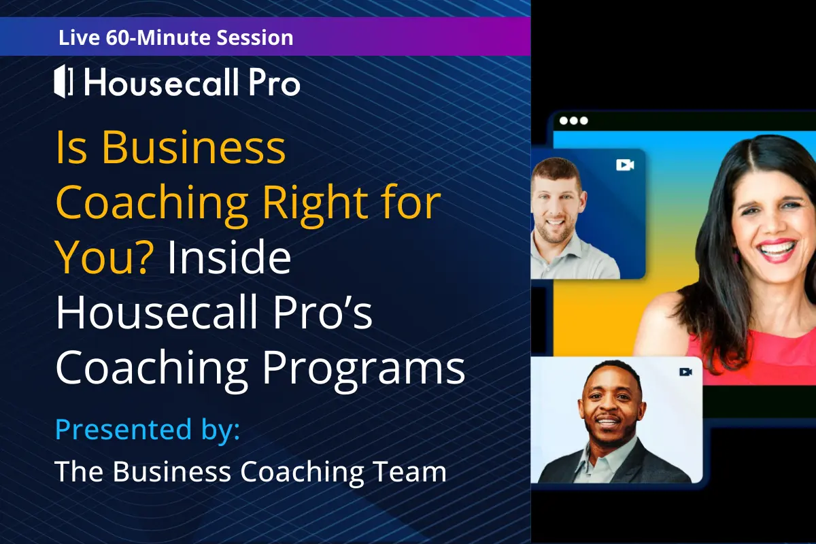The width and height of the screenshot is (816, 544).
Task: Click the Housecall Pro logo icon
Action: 63,81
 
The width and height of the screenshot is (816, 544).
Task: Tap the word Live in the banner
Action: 79,37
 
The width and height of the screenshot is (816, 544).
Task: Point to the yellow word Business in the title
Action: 193,147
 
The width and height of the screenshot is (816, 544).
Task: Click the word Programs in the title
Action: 364,368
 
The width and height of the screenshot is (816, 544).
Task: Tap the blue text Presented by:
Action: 148,430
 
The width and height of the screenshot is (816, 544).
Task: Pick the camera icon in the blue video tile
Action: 625,165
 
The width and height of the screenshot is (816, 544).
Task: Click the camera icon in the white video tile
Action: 686,372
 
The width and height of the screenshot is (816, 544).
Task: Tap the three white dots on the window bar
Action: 574,120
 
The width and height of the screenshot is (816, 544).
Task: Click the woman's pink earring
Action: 736,256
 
